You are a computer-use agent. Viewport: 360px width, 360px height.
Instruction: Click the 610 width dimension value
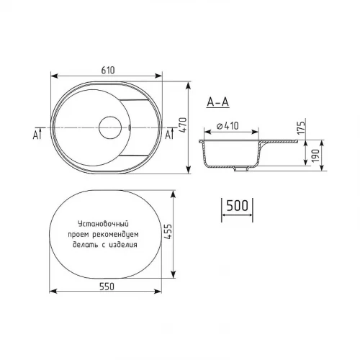pyautogui.click(x=108, y=71)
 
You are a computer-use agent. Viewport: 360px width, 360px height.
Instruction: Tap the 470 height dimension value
pyautogui.click(x=183, y=125)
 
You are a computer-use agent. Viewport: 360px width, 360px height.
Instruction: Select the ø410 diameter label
pyautogui.click(x=228, y=126)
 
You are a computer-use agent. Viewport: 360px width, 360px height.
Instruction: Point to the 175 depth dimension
pyautogui.click(x=302, y=127)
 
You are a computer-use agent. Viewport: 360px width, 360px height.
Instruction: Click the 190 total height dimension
pyautogui.click(x=316, y=156)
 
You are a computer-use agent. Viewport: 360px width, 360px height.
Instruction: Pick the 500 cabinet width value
pyautogui.click(x=237, y=205)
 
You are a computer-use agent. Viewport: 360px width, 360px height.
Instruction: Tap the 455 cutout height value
pyautogui.click(x=168, y=232)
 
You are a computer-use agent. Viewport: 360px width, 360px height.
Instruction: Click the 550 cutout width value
pyautogui.click(x=107, y=287)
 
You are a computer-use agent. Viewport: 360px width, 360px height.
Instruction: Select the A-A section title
pyautogui.click(x=217, y=102)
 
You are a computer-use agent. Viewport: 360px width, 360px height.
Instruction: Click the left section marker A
pyautogui.click(x=35, y=135)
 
